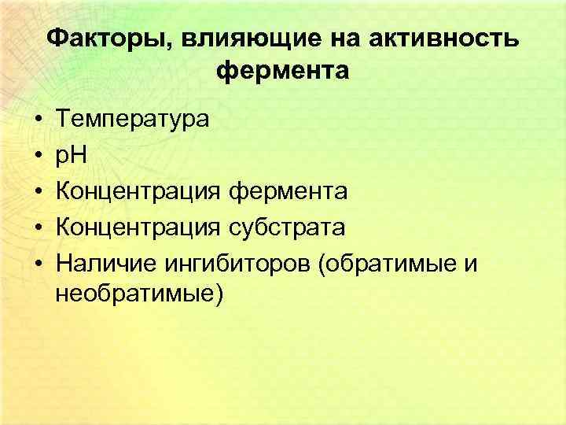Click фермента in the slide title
282,72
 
